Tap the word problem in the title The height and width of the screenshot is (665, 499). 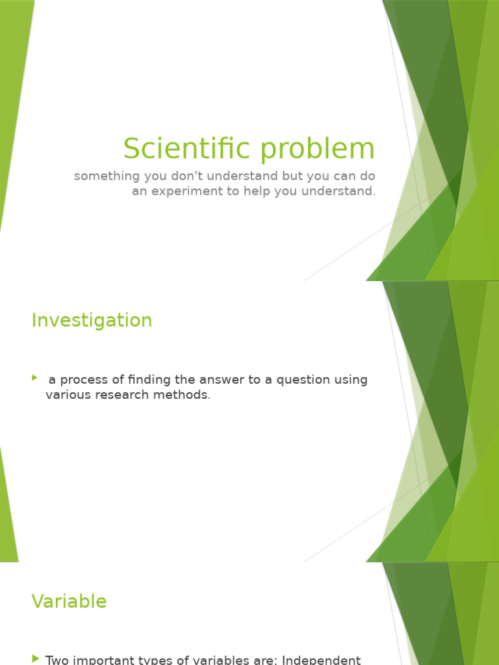[317, 149]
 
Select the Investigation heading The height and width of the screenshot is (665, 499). [92, 320]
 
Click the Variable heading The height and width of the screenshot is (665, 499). [69, 601]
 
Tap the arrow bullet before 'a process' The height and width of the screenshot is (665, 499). [35, 378]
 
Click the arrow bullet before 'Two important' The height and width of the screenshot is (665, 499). [35, 659]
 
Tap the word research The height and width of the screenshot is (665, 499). [125, 395]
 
